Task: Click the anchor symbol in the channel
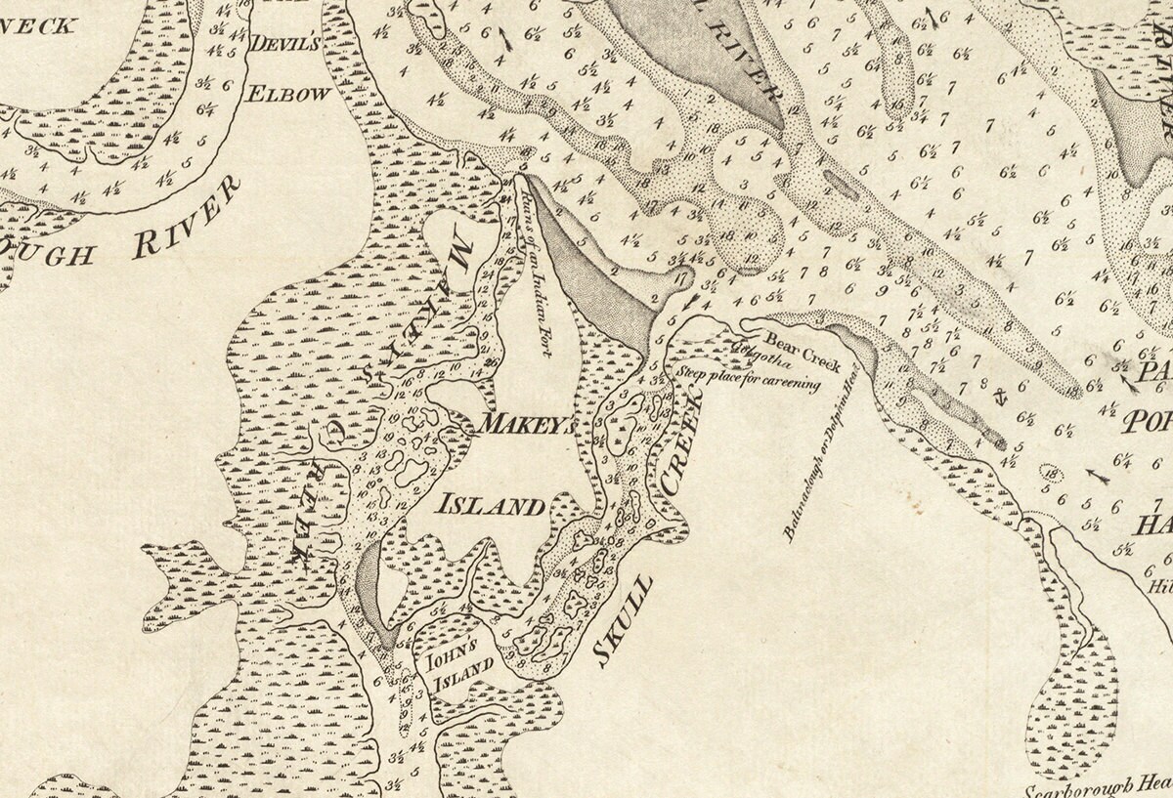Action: pyautogui.click(x=1000, y=396)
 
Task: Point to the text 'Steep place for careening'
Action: pyautogui.click(x=748, y=378)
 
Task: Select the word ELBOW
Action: pyautogui.click(x=287, y=94)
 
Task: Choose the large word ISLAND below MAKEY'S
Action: pyautogui.click(x=489, y=505)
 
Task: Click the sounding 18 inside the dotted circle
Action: pyautogui.click(x=1051, y=475)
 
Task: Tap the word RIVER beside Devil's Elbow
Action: pyautogui.click(x=185, y=219)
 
